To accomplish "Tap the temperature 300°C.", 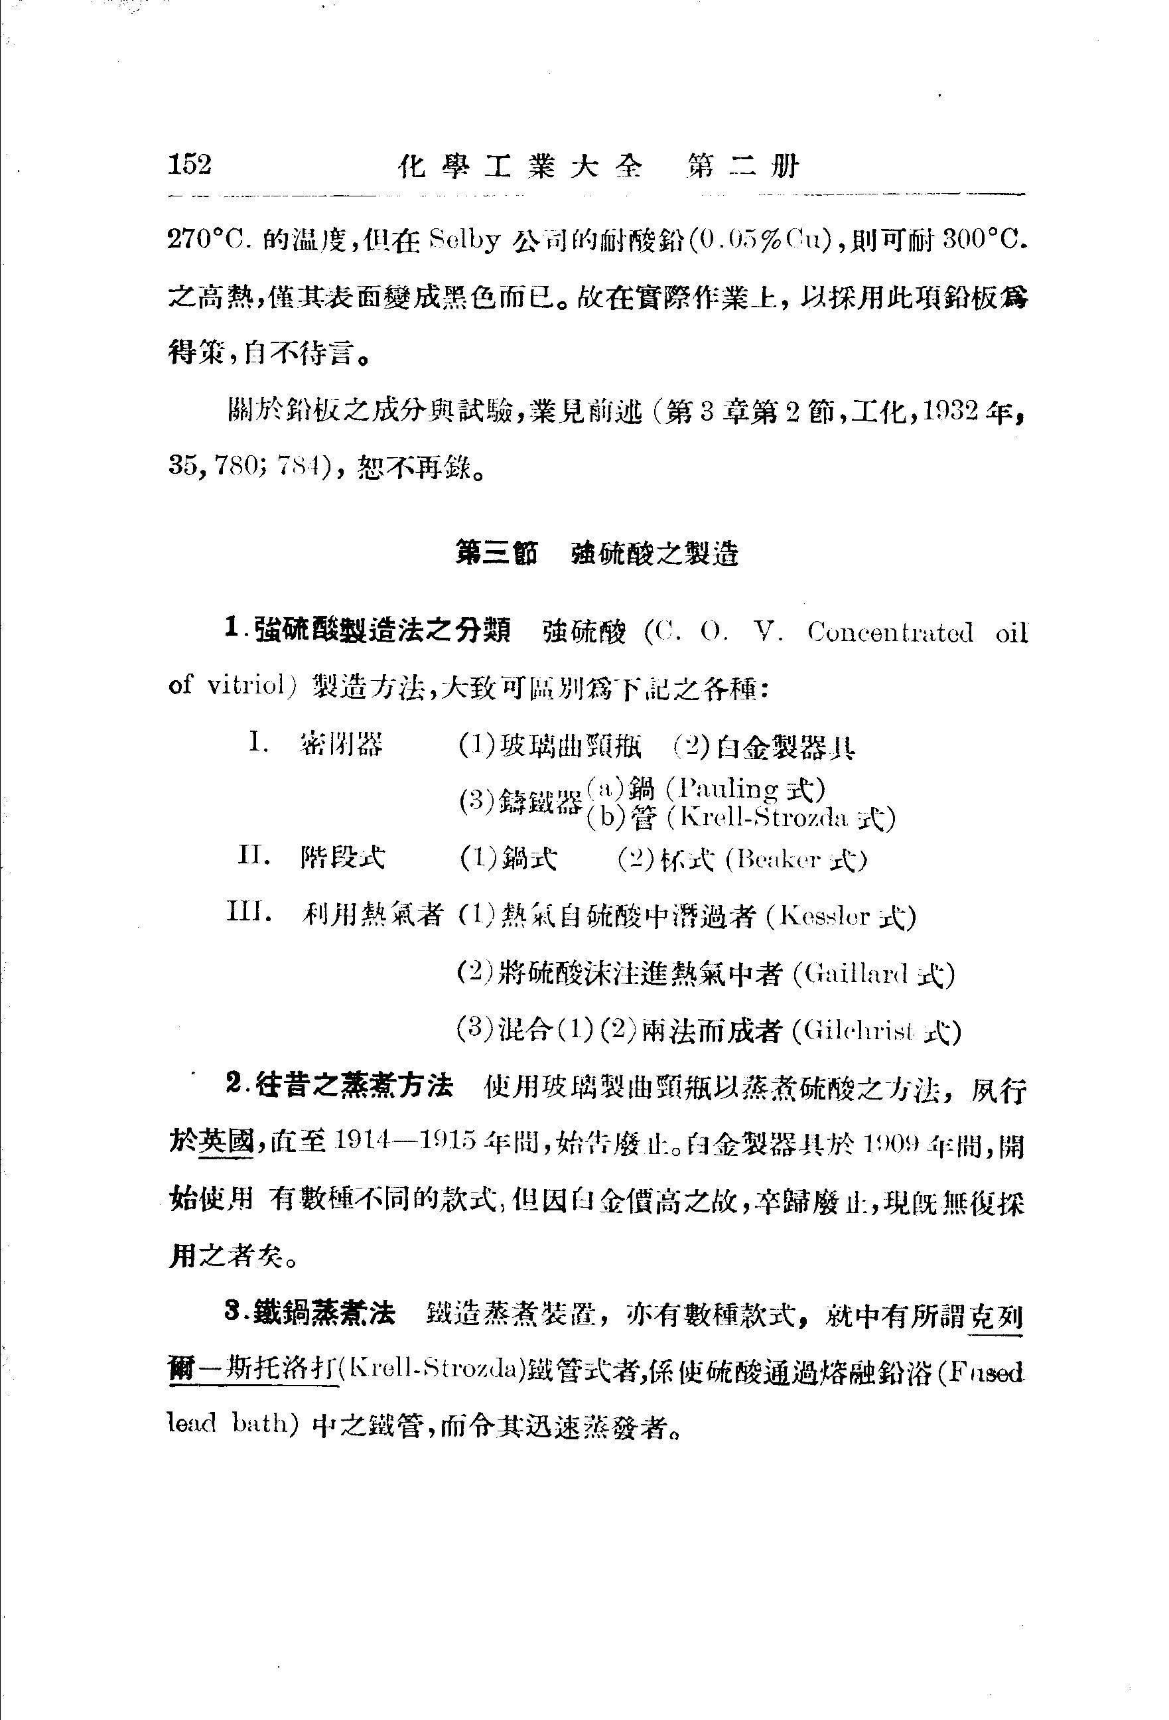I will pos(985,240).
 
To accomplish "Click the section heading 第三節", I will pos(496,553).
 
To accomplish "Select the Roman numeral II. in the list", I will pos(255,855).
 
